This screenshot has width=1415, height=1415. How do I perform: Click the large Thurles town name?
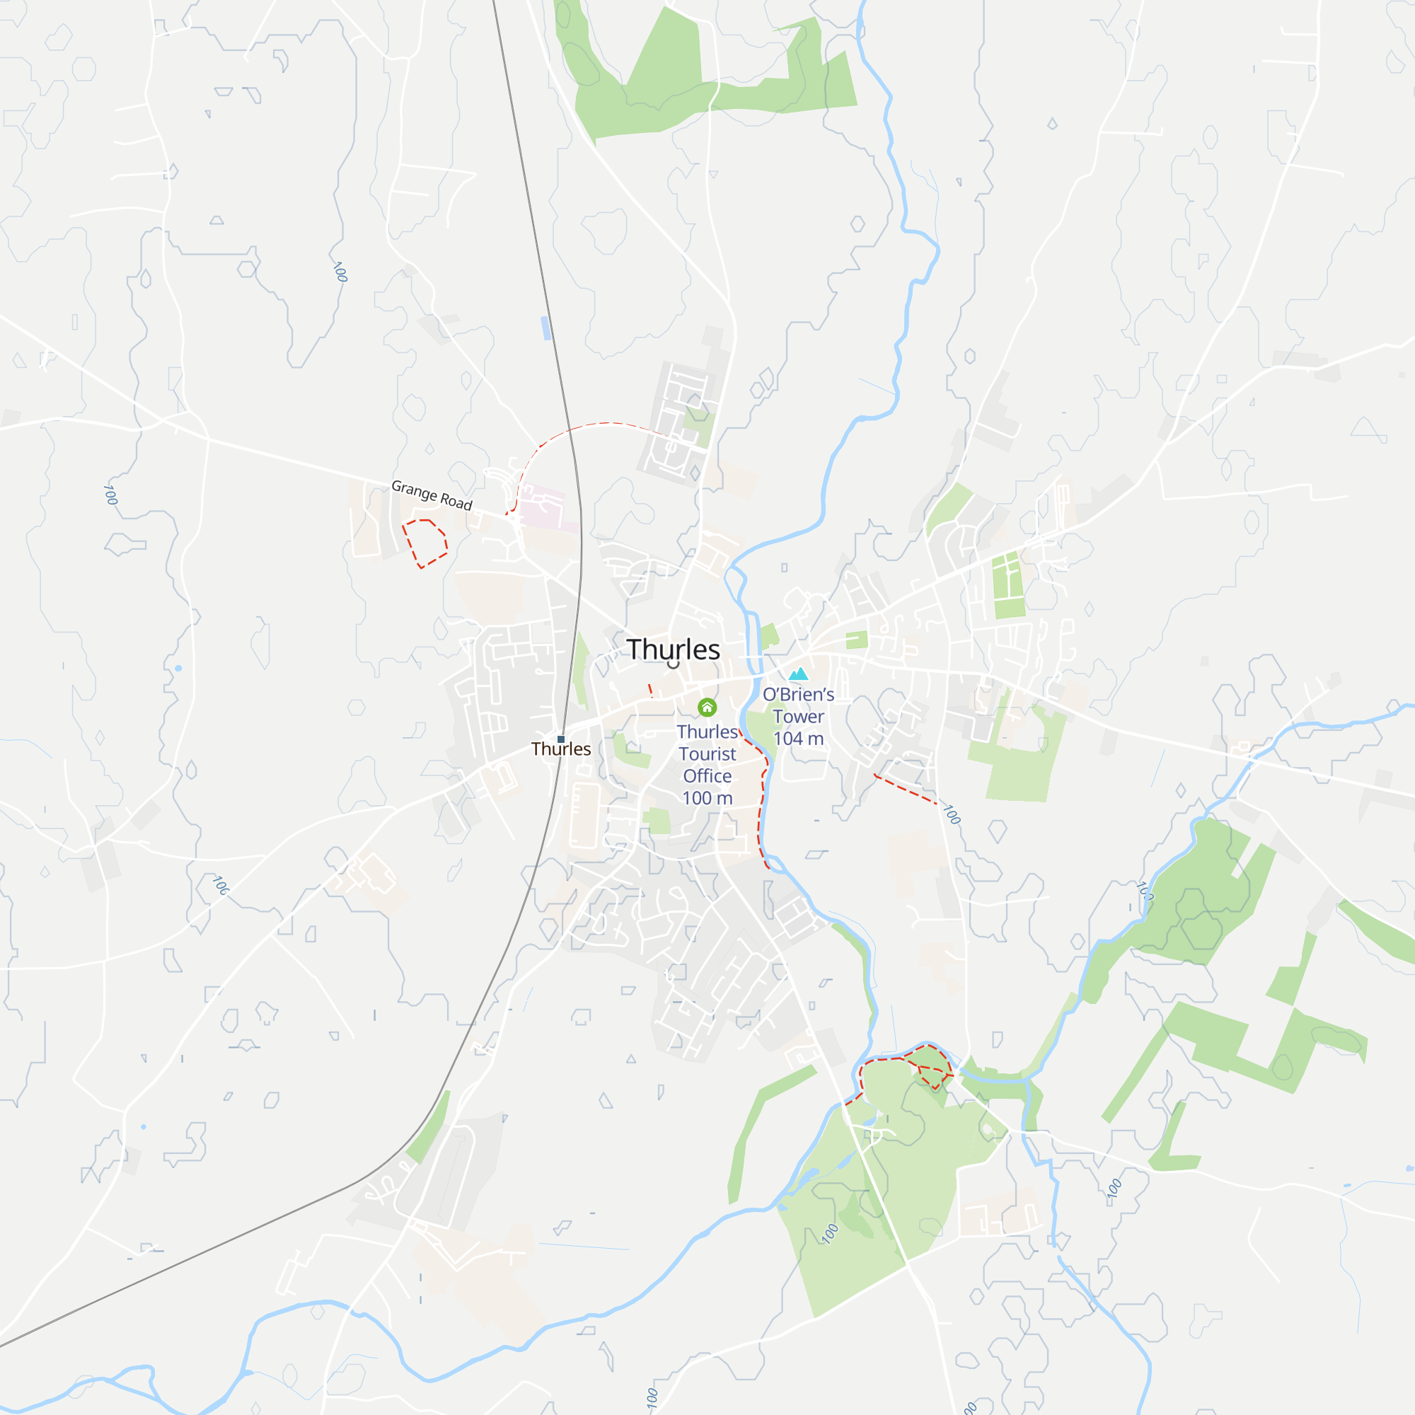pos(673,649)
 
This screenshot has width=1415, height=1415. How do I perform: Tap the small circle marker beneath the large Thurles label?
pos(673,665)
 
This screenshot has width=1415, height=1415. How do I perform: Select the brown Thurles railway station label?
pos(561,749)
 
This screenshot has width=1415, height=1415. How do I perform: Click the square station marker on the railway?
pos(561,739)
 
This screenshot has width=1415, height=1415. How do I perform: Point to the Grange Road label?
pos(432,495)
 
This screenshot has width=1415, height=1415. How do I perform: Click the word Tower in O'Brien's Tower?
pos(798,716)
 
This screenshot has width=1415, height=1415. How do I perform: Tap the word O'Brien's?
pos(798,694)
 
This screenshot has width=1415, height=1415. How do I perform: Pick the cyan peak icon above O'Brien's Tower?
pos(798,674)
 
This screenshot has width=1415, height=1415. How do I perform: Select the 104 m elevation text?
pos(798,738)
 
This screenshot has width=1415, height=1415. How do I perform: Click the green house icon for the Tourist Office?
pos(707,707)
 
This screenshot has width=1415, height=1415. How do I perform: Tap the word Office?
pos(707,775)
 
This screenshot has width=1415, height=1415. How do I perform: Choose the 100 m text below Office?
pos(707,797)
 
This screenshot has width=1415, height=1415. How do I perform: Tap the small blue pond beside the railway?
pos(545,328)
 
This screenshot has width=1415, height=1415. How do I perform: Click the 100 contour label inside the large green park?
pos(829,1234)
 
